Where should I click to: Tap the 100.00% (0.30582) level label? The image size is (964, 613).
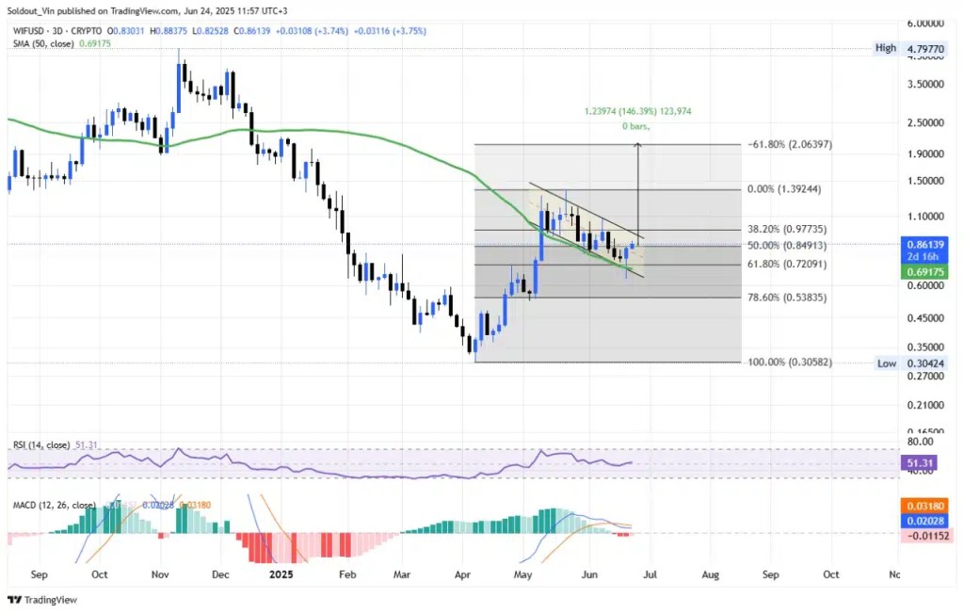(788, 363)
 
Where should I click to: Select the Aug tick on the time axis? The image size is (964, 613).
(711, 573)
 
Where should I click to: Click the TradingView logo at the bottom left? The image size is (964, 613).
(42, 600)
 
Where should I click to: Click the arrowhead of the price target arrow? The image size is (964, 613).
(638, 145)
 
